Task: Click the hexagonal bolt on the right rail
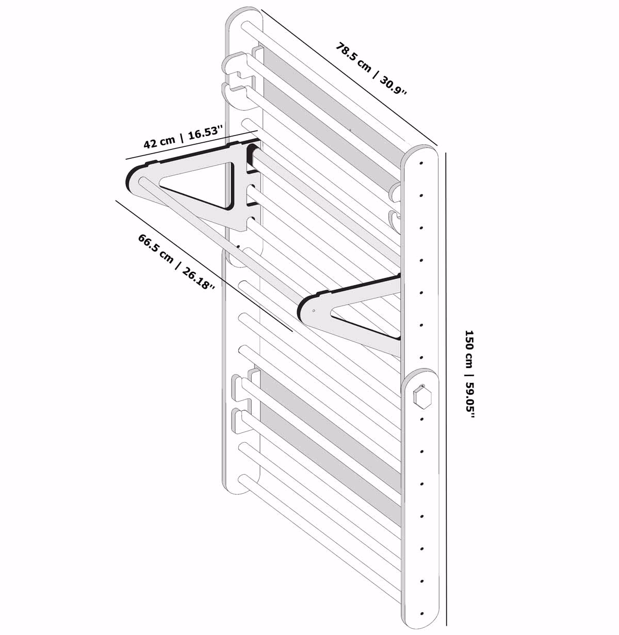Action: [422, 396]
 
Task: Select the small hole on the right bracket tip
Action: [314, 311]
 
